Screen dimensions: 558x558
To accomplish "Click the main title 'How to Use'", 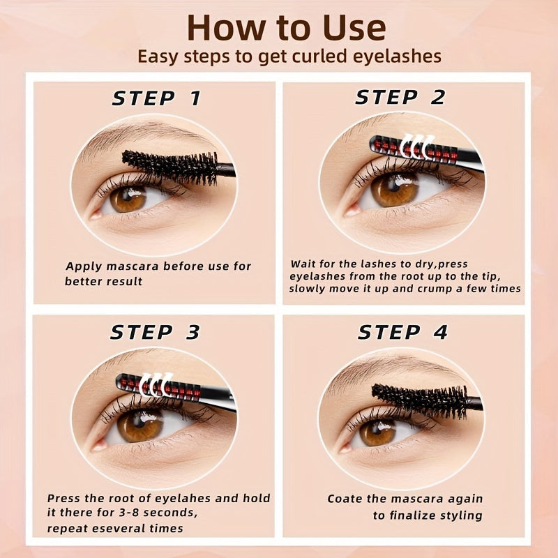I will [x=286, y=28].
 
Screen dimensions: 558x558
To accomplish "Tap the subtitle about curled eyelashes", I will [x=289, y=56].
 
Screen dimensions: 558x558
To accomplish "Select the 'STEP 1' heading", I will [x=156, y=98].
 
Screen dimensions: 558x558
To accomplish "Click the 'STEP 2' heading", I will [x=400, y=98].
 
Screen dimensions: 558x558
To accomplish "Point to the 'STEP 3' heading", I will [x=155, y=333].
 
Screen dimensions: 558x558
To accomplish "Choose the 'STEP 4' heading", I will [x=402, y=333].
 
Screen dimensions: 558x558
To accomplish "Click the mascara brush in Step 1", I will [x=171, y=166].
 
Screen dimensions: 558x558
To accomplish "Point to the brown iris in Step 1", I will [x=128, y=199].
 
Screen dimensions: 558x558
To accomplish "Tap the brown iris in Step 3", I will [x=139, y=425].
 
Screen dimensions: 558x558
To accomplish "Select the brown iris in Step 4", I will [x=377, y=432].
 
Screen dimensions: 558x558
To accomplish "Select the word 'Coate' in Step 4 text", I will [x=344, y=499].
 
